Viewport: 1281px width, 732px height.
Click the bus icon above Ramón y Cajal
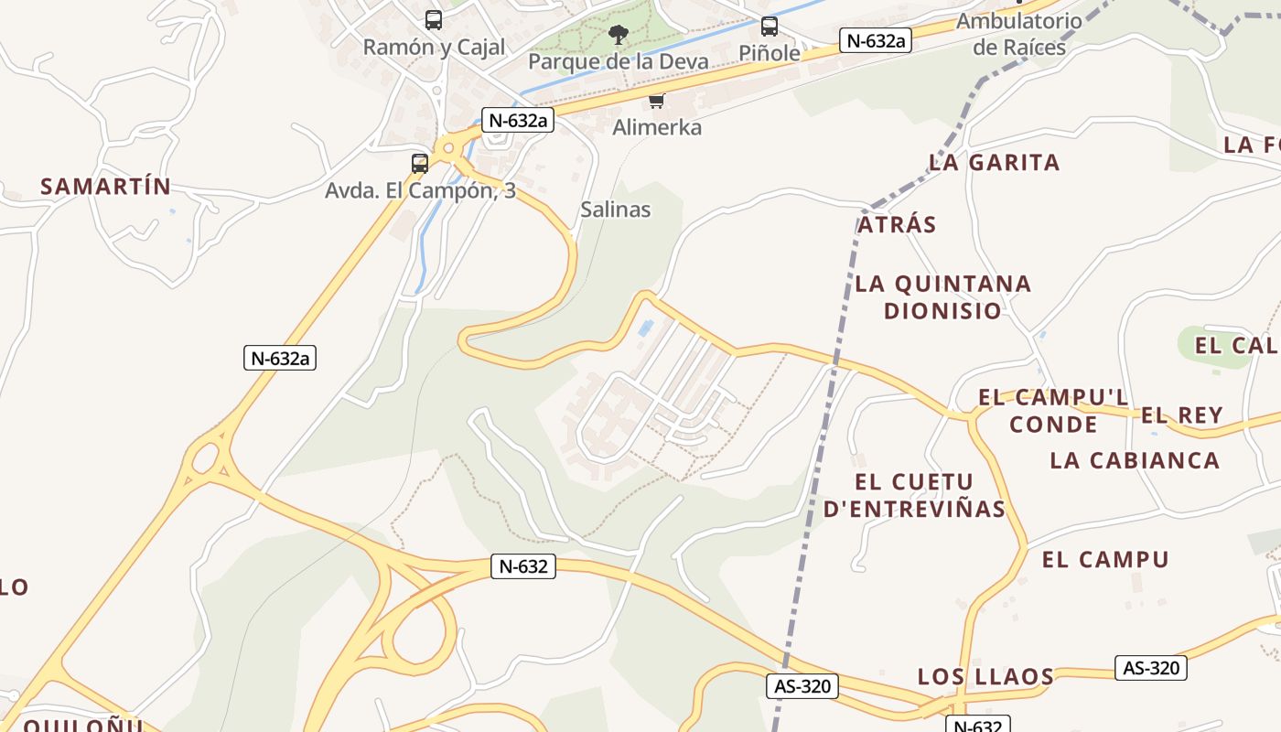click(434, 19)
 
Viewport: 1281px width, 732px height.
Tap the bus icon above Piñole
click(770, 27)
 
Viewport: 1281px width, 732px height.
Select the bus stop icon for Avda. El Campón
click(420, 164)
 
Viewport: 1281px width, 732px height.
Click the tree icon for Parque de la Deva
click(619, 36)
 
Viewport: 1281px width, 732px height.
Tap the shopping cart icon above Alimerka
click(656, 102)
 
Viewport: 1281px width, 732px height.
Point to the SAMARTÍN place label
click(105, 187)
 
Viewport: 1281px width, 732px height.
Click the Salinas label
click(616, 210)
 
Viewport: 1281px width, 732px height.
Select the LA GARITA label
click(995, 163)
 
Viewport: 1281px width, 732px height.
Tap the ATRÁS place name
click(897, 225)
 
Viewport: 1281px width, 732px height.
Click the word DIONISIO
click(942, 311)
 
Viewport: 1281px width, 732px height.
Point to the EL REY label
click(1181, 415)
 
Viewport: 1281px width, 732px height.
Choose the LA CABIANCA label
click(1135, 460)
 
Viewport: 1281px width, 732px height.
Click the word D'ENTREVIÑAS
click(914, 510)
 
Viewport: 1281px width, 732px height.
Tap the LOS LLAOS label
click(985, 677)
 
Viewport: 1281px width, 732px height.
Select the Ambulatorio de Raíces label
click(1019, 34)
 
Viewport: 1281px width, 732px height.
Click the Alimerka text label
click(657, 128)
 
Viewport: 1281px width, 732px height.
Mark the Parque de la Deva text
click(619, 61)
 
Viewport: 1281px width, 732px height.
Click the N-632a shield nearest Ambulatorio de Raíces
click(876, 40)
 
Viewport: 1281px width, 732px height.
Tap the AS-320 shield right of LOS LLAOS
click(1150, 668)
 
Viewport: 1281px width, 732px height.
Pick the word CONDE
click(1053, 425)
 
